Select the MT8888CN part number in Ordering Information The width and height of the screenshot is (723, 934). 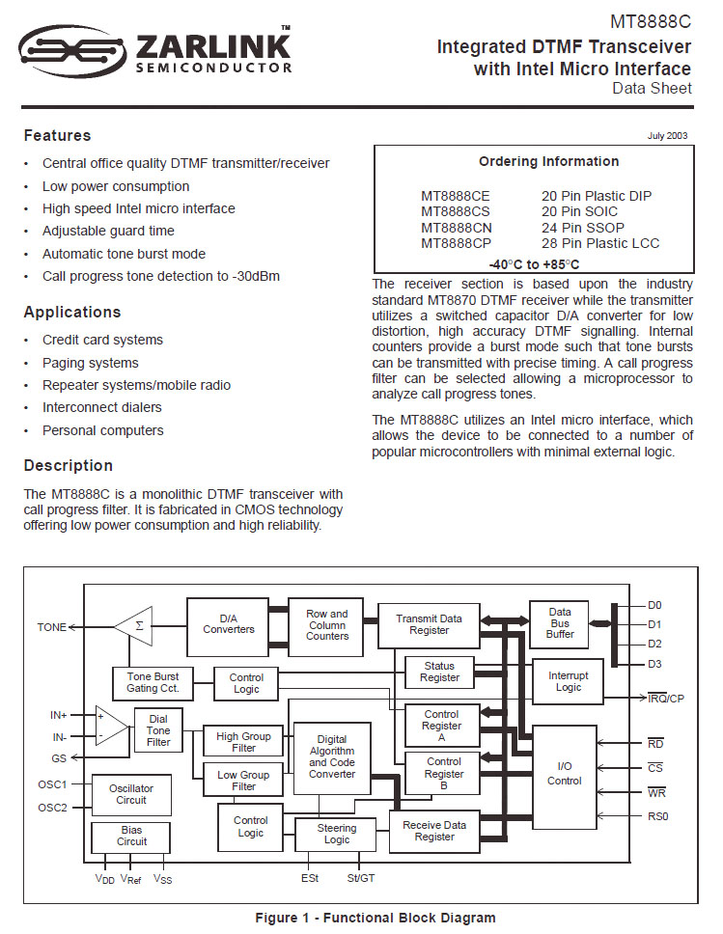455,228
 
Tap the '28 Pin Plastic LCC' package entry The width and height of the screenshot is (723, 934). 600,243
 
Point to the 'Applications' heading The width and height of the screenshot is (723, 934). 72,313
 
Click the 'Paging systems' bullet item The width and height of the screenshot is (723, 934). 90,363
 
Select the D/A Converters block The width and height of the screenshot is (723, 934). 228,624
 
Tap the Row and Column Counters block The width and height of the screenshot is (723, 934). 327,624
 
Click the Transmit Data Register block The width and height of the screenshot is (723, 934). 429,624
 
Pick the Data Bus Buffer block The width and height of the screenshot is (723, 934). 559,623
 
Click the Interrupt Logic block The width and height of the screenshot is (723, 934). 568,681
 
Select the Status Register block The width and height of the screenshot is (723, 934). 439,672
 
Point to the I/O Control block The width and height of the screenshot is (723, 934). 564,775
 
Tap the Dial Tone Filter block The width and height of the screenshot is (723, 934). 158,730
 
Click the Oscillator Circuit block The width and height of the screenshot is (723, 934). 131,794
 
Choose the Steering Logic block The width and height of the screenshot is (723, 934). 337,834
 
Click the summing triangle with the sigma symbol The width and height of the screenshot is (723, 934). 135,625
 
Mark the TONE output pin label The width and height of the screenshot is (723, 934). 52,627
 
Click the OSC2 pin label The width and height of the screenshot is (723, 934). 52,808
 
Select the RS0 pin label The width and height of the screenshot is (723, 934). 656,816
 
